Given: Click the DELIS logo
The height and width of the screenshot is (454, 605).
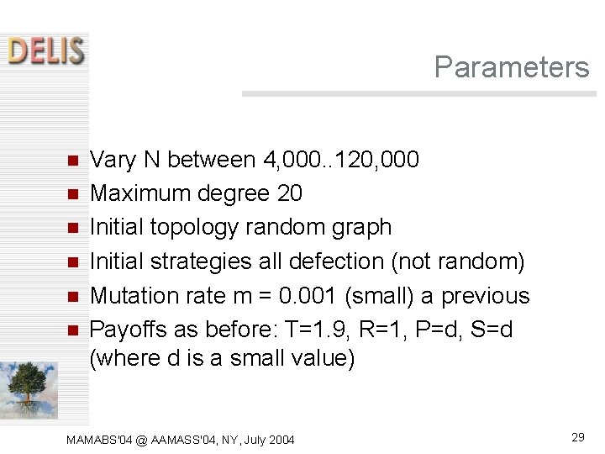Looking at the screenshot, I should coord(47,50).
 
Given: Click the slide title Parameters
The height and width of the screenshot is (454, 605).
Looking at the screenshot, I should coord(512,67).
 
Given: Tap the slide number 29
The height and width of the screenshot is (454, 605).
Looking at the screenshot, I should coord(578,436).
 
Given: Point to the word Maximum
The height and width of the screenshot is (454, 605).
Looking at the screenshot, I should coord(140,193).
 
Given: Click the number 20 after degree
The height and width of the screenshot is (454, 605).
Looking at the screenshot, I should coord(289,193).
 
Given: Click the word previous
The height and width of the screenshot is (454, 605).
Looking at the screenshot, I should coord(486,296).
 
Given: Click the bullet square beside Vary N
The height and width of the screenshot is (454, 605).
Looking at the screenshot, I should coord(72,161).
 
